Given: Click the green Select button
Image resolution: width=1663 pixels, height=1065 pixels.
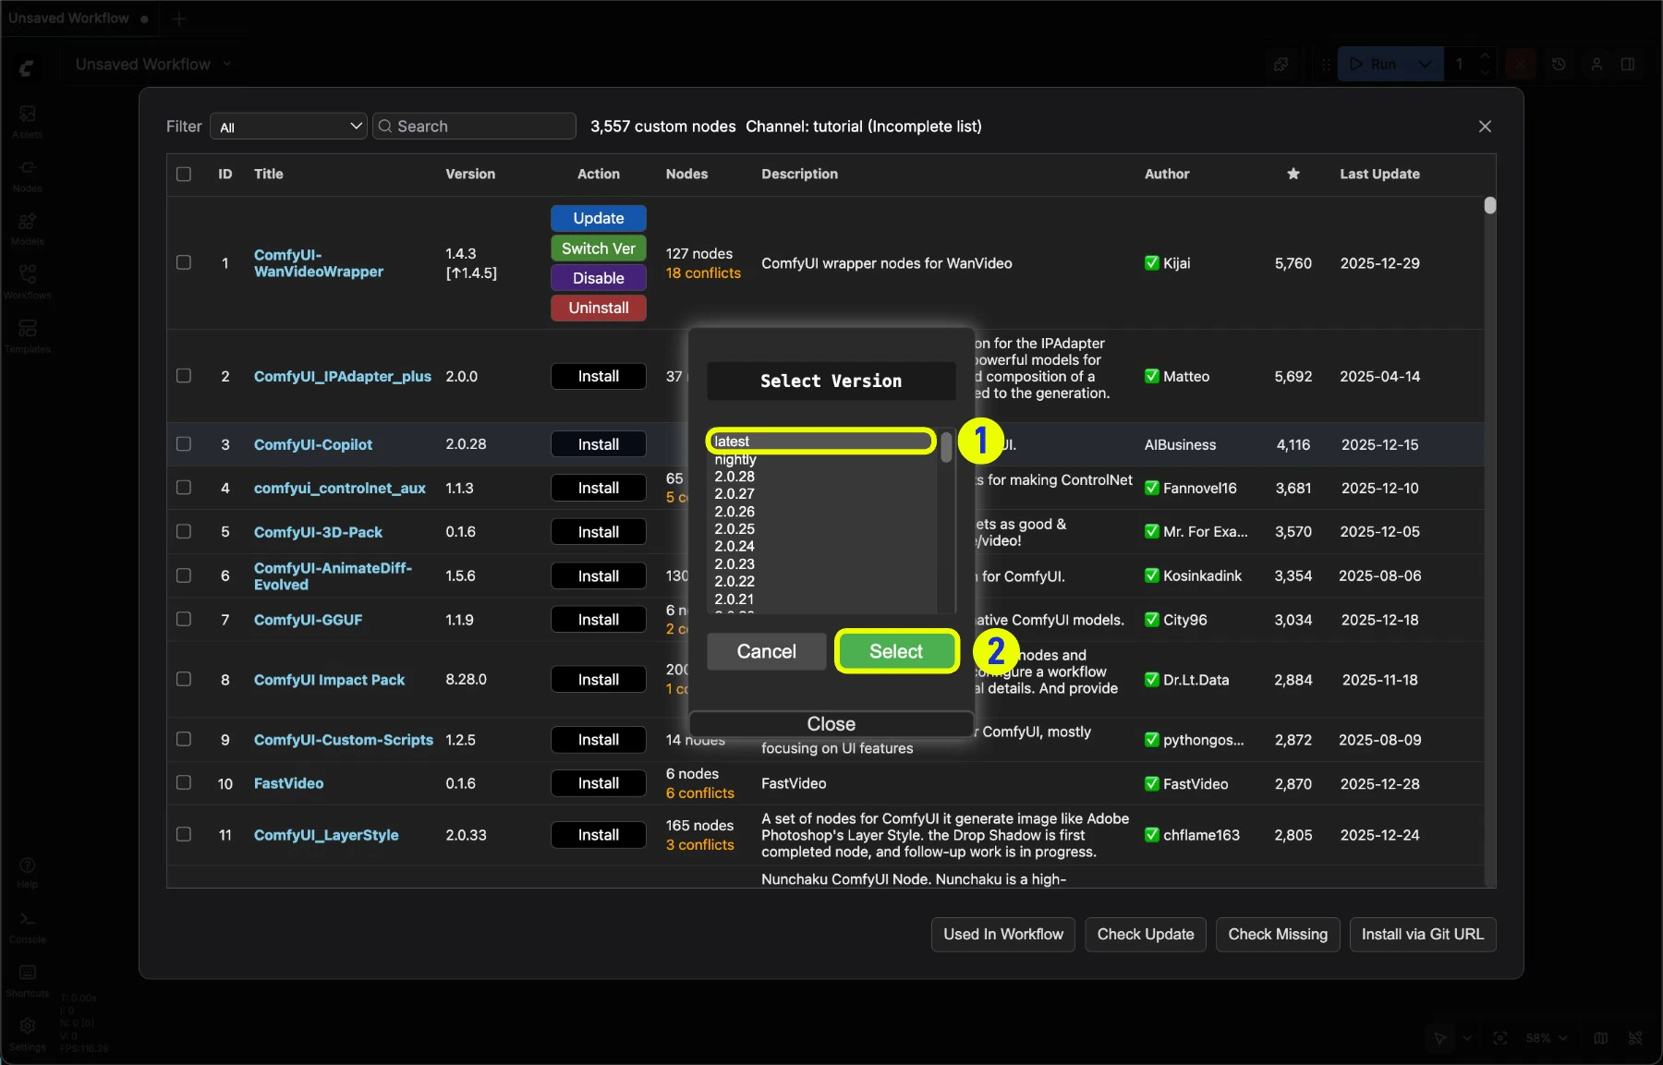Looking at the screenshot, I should pos(895,651).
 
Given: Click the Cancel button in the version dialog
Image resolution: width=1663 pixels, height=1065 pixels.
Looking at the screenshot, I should pos(766,651).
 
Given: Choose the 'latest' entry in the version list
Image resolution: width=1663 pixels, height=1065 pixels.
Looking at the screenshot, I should pos(820,442).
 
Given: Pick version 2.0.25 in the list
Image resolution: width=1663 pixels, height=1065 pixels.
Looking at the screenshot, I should pos(734,529).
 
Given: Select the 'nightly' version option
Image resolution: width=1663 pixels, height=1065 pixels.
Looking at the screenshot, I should pos(735,459).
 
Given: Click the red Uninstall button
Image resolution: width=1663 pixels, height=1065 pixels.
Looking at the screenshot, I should pos(598,308).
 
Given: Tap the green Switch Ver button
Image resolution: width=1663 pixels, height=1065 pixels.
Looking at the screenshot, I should pos(598,248).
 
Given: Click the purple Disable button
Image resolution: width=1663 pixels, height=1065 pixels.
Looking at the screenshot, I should pos(598,278).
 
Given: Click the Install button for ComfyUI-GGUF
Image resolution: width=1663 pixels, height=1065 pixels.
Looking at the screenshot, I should pos(598,620).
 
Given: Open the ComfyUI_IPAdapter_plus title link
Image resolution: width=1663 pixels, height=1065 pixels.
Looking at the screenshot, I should pos(342,376).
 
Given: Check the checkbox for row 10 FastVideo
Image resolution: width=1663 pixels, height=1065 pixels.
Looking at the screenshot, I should pos(184,782).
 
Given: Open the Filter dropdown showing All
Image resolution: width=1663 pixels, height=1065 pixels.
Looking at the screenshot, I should pos(289,127).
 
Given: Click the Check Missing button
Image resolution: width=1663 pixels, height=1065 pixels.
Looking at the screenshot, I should pos(1277,934).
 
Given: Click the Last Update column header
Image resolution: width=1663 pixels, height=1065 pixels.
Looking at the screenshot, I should pos(1379,174).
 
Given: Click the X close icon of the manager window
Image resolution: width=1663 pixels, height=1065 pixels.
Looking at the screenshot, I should pos(1485,127).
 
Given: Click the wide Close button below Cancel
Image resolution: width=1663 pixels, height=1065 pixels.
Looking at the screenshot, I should pos(831,724).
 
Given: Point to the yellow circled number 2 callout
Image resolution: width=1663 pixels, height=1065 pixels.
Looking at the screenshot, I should pos(996,651).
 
